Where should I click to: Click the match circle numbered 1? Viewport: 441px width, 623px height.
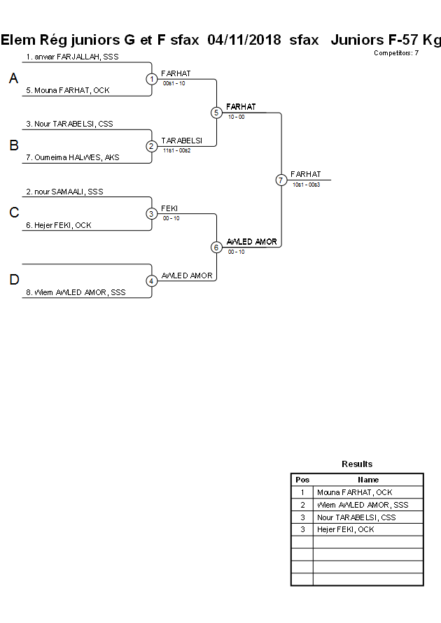tap(152, 79)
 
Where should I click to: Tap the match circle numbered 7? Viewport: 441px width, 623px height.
tap(281, 180)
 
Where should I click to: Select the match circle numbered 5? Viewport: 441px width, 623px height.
tap(216, 113)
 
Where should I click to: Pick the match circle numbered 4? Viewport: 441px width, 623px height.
tap(152, 281)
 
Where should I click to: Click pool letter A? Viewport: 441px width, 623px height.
tap(13, 79)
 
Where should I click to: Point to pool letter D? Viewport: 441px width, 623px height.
tap(13, 280)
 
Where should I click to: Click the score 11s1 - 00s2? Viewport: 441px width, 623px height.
tap(177, 150)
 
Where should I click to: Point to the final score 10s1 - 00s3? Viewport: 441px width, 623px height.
tap(306, 184)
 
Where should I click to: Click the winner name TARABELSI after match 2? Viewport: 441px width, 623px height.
tap(181, 141)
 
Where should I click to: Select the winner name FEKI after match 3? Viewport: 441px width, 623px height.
tap(169, 208)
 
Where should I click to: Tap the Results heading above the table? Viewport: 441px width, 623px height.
tap(357, 464)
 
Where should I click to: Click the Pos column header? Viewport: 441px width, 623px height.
tap(302, 480)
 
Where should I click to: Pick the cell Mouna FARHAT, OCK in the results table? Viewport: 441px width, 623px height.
tap(354, 492)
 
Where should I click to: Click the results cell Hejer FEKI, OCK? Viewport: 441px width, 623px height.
tap(345, 530)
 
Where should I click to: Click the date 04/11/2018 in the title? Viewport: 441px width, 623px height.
tap(244, 40)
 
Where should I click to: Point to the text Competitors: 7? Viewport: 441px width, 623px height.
tap(396, 53)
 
